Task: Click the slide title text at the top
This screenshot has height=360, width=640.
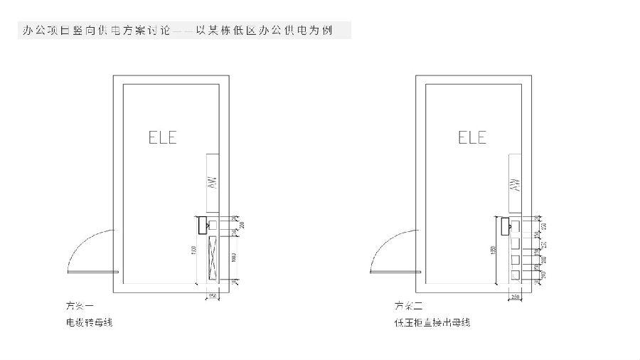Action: click(184, 31)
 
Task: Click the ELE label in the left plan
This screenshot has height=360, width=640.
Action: click(162, 137)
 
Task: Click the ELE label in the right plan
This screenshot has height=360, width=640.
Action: click(472, 137)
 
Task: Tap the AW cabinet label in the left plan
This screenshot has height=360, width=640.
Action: click(211, 182)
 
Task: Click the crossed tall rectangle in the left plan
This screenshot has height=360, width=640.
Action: click(211, 258)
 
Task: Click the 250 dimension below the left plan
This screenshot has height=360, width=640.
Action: click(212, 295)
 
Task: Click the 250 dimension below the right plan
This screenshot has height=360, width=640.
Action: click(515, 295)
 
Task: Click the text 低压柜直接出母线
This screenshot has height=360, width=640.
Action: click(432, 323)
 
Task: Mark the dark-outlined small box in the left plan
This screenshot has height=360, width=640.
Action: click(201, 223)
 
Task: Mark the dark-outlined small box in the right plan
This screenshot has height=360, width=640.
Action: click(505, 226)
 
